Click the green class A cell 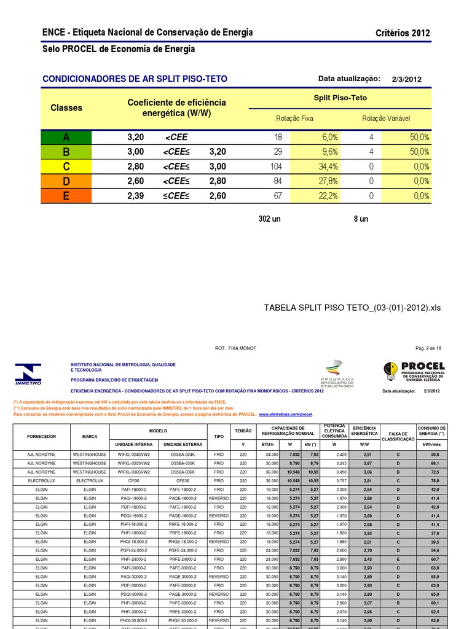tap(66, 137)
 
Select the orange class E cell tap(66, 196)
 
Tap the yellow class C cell tap(66, 166)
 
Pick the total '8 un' tap(361, 219)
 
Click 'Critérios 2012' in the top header tap(403, 33)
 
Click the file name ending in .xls tap(352, 308)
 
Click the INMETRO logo tap(28, 374)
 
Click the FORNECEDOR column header tap(42, 437)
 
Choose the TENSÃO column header tap(243, 431)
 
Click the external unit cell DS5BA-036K tap(183, 471)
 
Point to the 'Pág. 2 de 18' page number tap(428, 348)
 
